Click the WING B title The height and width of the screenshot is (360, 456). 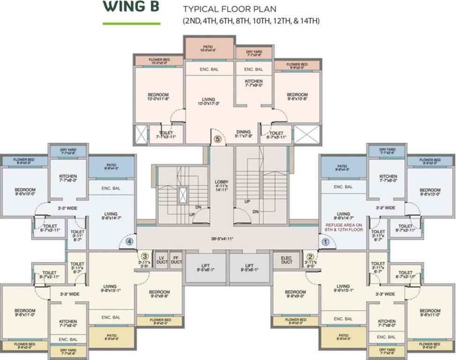click(132, 7)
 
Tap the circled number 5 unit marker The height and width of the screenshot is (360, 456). click(217, 139)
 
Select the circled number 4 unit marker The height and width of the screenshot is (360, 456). click(130, 242)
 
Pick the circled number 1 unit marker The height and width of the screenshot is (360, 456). click(325, 242)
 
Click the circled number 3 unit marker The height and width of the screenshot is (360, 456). click(145, 256)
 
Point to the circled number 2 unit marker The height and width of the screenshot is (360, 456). click(310, 256)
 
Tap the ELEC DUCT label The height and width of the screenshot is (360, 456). click(286, 260)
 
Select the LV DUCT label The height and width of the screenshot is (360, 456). click(161, 260)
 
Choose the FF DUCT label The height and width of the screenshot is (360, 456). click(176, 260)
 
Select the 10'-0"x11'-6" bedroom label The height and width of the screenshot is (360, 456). click(158, 97)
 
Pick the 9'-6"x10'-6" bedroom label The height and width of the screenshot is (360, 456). click(297, 97)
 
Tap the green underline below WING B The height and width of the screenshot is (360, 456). click(132, 23)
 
